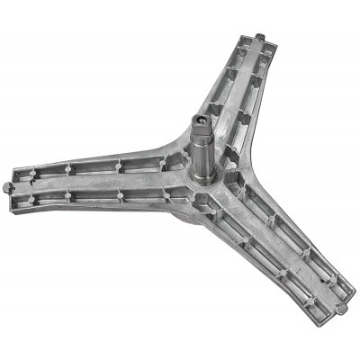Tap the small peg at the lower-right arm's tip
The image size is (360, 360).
pyautogui.click(x=344, y=309)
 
